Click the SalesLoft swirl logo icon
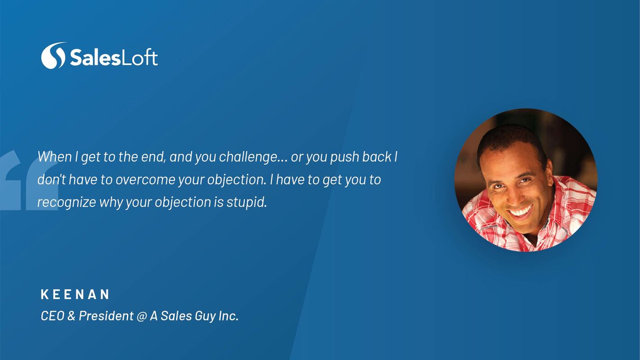click(54, 55)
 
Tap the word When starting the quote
click(54, 157)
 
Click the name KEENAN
click(75, 294)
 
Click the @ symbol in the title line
click(142, 316)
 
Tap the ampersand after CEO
click(72, 316)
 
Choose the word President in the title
click(106, 316)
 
